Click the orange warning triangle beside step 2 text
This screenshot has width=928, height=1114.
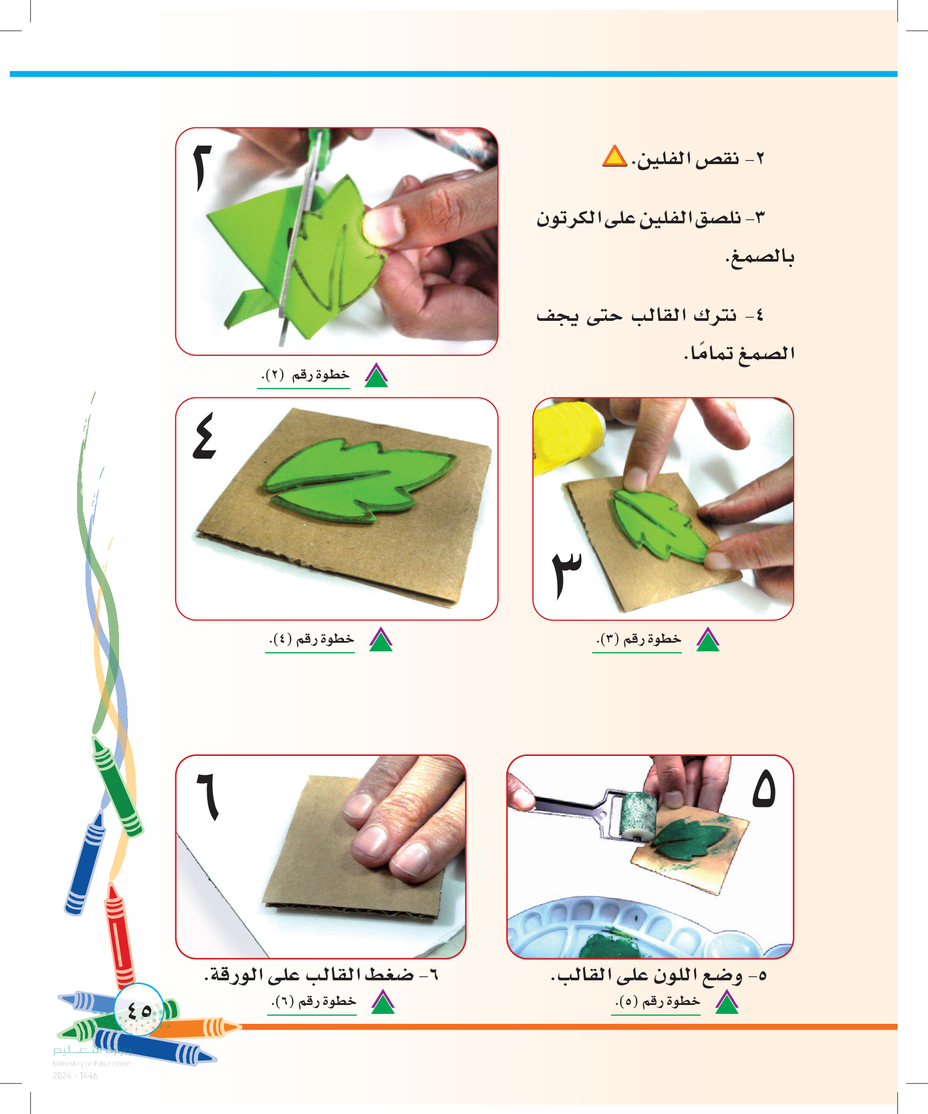pos(615,156)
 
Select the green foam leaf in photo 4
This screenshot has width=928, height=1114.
pos(357,480)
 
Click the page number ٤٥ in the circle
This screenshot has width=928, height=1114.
pos(139,1010)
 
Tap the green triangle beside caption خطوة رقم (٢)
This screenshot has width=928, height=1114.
pos(376,375)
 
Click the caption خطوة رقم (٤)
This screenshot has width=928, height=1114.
pos(311,639)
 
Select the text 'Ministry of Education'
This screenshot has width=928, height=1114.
pos(92,1063)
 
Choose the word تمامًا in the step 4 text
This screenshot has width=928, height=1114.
pos(709,352)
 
